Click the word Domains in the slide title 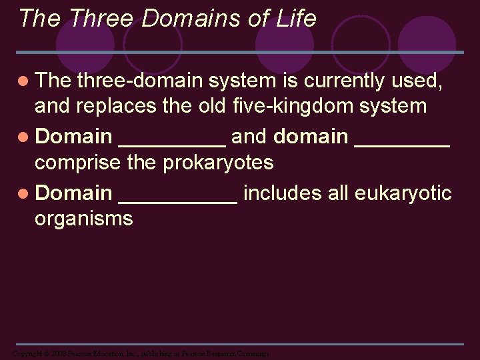[184, 19]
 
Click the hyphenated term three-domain [140, 81]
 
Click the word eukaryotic [403, 193]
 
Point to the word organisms [83, 218]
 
